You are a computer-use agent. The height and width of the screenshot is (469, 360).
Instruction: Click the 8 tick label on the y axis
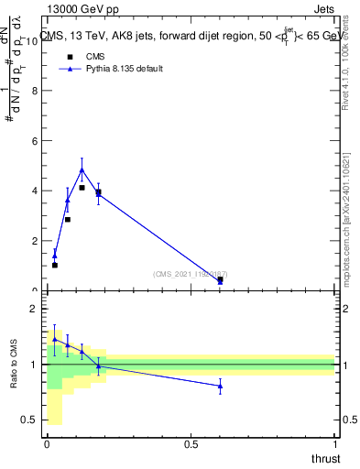[x=35, y=92]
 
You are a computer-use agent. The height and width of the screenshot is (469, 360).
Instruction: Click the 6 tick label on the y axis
[x=35, y=141]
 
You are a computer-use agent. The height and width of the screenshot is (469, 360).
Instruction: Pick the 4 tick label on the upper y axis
[x=35, y=191]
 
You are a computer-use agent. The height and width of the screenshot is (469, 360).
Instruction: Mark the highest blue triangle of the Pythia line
[x=82, y=169]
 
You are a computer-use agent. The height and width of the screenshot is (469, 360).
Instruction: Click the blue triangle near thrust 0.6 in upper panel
[x=220, y=282]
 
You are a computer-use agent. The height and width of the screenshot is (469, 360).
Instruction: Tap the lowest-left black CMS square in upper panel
[x=55, y=265]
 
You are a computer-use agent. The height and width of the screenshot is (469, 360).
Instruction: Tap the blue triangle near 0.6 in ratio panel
[x=220, y=386]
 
